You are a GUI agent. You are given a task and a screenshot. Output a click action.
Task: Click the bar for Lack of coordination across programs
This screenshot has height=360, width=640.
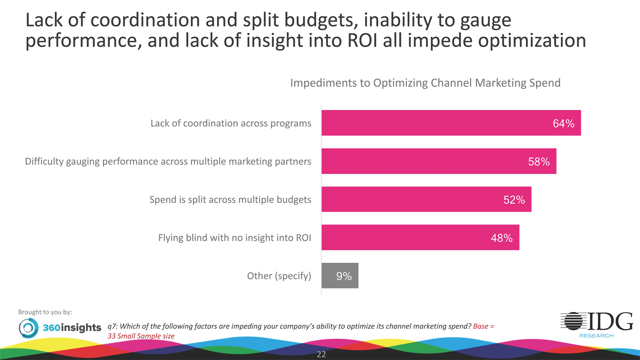pyautogui.click(x=451, y=123)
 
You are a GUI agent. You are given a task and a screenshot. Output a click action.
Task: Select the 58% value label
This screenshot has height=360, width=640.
pyautogui.click(x=539, y=162)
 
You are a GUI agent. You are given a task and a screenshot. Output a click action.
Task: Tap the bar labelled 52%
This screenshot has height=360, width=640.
pyautogui.click(x=426, y=199)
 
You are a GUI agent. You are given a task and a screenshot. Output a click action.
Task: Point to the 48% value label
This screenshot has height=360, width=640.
pyautogui.click(x=502, y=238)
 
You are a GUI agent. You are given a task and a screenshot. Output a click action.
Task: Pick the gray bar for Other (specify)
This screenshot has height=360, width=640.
pyautogui.click(x=340, y=276)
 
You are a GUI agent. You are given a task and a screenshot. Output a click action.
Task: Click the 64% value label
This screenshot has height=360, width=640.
pyautogui.click(x=564, y=124)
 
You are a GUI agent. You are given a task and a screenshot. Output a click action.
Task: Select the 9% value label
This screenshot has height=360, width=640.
pyautogui.click(x=344, y=276)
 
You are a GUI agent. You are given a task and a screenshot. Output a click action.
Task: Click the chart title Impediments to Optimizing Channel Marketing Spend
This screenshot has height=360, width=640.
pyautogui.click(x=425, y=83)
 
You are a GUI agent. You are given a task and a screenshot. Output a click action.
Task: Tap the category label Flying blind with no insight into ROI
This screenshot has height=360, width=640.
pyautogui.click(x=235, y=238)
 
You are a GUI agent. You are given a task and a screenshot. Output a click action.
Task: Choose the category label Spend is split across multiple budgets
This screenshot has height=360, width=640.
pyautogui.click(x=230, y=200)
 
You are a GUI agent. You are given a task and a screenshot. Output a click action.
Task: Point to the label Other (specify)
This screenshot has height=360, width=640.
pyautogui.click(x=279, y=276)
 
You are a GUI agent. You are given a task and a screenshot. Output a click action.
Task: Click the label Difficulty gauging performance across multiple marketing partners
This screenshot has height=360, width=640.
pyautogui.click(x=168, y=162)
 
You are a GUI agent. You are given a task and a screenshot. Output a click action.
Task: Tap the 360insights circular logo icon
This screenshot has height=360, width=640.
pyautogui.click(x=28, y=328)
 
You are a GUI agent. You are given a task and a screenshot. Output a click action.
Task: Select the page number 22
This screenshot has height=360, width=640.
pyautogui.click(x=321, y=354)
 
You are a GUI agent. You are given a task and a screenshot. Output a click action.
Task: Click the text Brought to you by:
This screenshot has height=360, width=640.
pyautogui.click(x=45, y=312)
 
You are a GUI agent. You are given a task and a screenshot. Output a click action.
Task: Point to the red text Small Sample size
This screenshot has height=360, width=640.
pyautogui.click(x=146, y=336)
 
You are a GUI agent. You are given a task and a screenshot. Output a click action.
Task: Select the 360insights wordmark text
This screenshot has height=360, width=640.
pyautogui.click(x=72, y=328)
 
